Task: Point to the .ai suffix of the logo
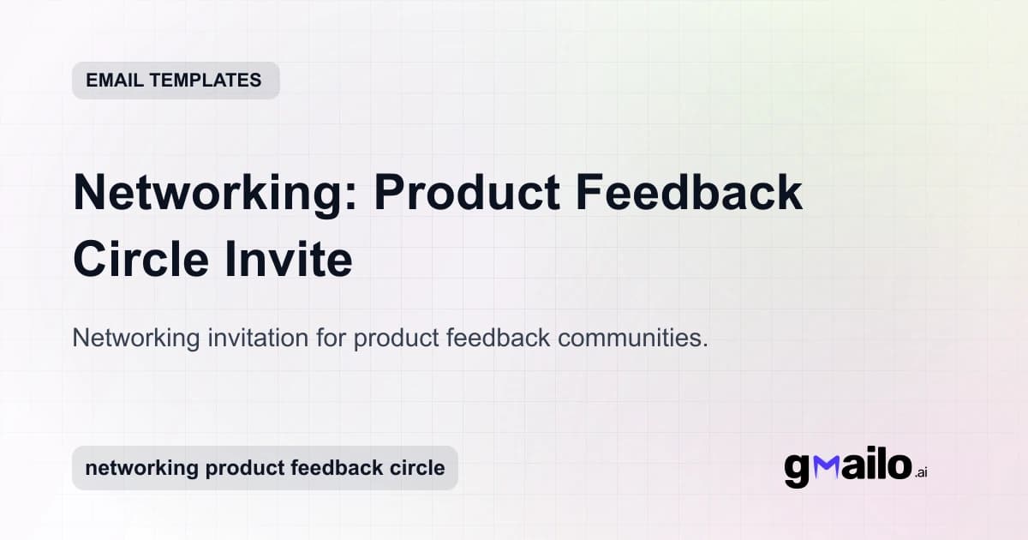point(922,472)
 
